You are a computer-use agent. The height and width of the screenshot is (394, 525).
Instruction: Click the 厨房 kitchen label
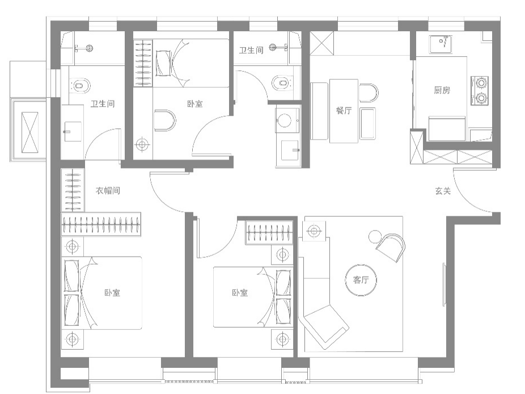pos(442,90)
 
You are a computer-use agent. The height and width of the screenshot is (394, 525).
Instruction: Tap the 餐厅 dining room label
pos(344,110)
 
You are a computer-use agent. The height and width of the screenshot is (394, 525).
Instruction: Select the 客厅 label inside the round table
pos(361,280)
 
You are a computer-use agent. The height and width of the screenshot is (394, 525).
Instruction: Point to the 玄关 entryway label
pos(443,191)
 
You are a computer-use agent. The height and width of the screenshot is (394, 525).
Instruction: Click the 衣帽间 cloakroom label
pos(108,190)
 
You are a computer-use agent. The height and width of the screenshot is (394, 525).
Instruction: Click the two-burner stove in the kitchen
pos(480,90)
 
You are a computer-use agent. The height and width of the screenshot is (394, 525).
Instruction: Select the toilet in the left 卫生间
pos(80,86)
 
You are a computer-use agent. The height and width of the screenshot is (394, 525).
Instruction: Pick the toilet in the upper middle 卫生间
pos(282,82)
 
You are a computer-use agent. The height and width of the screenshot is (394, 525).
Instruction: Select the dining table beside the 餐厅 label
pos(344,111)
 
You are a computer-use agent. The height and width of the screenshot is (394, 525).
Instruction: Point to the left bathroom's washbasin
pos(73,132)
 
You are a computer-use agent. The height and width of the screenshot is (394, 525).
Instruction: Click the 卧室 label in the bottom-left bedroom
pos(112,293)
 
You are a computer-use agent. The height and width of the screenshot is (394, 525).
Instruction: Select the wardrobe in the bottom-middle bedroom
pos(269,232)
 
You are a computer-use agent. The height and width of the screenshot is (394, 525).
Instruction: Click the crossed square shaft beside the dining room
pos(322,43)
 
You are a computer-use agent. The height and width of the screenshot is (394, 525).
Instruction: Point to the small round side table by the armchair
pos(375,237)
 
